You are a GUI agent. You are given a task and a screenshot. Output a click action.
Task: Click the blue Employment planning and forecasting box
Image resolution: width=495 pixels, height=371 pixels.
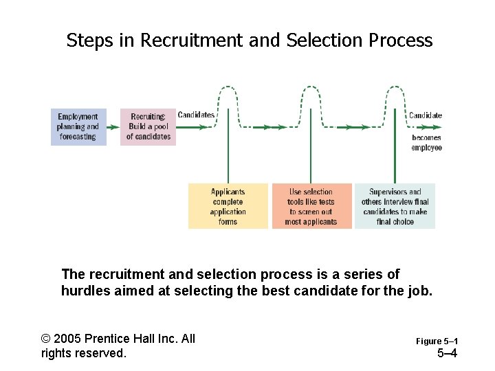click(78, 126)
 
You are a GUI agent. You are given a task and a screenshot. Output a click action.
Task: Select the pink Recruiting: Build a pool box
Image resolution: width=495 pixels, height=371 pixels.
click(148, 126)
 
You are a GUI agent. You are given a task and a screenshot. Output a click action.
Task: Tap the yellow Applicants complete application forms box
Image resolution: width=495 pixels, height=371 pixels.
click(228, 206)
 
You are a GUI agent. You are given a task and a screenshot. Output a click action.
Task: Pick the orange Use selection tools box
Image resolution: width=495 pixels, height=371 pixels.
click(311, 206)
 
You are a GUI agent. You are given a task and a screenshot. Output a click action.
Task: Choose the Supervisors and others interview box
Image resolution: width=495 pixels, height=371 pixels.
click(395, 206)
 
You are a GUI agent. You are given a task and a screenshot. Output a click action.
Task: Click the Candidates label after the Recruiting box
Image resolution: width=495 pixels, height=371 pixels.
click(196, 115)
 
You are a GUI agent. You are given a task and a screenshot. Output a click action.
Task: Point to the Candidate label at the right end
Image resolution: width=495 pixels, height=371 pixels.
click(426, 115)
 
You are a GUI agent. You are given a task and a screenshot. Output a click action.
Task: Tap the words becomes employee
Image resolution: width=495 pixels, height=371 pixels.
click(427, 142)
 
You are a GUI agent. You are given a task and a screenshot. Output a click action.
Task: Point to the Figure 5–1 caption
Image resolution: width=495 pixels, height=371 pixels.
click(437, 341)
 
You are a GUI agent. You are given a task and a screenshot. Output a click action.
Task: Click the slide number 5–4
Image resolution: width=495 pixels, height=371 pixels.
click(448, 354)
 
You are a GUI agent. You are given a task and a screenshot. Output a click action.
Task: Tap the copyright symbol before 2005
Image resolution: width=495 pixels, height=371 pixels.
click(46, 339)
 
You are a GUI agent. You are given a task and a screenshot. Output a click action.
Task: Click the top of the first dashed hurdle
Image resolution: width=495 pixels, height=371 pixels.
click(228, 87)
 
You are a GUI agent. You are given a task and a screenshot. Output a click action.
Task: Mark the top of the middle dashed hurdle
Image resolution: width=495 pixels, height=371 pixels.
click(311, 87)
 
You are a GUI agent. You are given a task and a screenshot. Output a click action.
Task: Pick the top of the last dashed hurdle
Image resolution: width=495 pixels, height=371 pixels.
click(395, 87)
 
